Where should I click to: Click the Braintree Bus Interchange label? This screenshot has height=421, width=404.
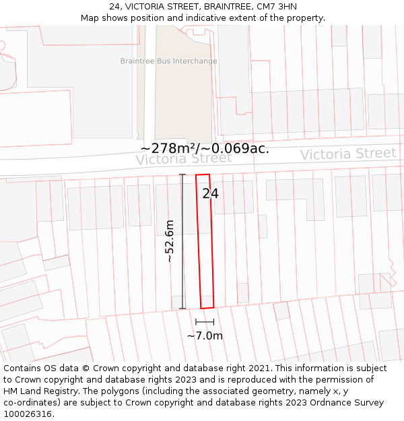[168, 61]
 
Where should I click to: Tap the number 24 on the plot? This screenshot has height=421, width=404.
[210, 194]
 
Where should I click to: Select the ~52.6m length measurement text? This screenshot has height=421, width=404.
[170, 241]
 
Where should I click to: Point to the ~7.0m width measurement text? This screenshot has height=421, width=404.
[205, 335]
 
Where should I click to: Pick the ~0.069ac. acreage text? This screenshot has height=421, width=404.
[236, 149]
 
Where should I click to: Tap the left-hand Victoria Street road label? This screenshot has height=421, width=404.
[183, 159]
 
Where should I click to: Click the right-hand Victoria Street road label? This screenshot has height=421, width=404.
[347, 154]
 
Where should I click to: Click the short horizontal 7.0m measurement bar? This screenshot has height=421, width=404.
[205, 322]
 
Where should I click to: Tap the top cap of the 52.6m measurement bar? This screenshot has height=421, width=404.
[182, 175]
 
